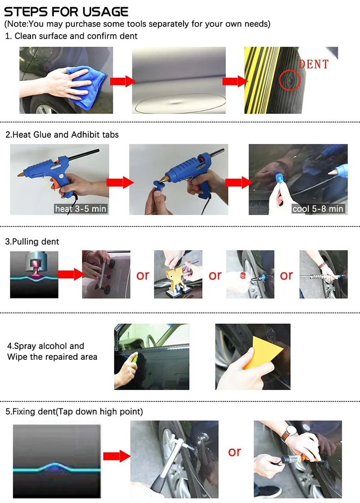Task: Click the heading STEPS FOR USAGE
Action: click(66, 12)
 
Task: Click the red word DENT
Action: click(314, 64)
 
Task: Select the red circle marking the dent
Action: click(289, 81)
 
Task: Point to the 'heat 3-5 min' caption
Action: click(81, 209)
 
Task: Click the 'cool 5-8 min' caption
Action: click(318, 209)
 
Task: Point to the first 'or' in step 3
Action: click(143, 275)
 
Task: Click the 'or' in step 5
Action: click(234, 452)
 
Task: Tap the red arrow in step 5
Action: click(117, 456)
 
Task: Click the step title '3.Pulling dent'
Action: click(32, 242)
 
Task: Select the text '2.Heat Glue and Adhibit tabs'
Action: click(62, 135)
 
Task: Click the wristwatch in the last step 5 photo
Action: click(289, 433)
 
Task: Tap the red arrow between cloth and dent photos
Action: click(122, 81)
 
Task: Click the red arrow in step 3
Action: click(71, 274)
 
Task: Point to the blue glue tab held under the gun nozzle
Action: click(158, 186)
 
